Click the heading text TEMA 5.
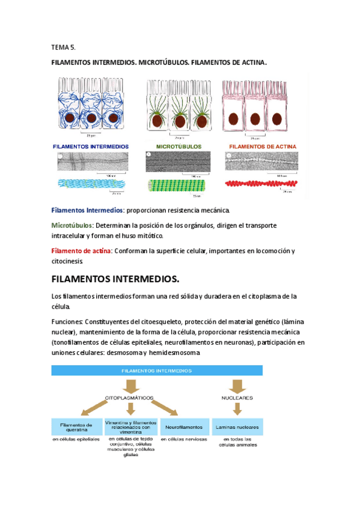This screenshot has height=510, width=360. click(63, 47)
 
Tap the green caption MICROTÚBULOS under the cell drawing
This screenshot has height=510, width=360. click(179, 146)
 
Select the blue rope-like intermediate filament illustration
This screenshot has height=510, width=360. click(91, 183)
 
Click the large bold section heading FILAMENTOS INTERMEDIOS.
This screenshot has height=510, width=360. click(115, 279)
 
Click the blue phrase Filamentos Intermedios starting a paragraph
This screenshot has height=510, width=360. click(87, 210)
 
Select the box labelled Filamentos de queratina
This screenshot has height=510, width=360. click(76, 427)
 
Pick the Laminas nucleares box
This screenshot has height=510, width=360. click(237, 427)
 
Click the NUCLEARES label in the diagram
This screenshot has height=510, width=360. click(236, 398)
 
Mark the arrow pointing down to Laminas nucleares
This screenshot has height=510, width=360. click(237, 410)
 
